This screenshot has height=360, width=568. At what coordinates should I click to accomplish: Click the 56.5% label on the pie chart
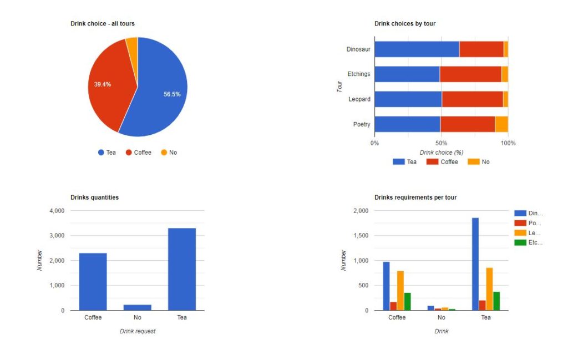(172, 94)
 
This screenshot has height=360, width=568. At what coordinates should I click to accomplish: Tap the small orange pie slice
(132, 44)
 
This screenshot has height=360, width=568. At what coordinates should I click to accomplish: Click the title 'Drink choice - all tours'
(102, 24)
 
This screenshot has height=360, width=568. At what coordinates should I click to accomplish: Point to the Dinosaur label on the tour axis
(358, 49)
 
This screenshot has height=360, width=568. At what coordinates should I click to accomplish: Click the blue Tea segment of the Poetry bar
(407, 124)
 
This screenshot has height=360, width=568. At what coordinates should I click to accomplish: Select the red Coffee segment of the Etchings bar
(470, 74)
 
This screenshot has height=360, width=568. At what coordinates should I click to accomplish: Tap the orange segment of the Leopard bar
(505, 99)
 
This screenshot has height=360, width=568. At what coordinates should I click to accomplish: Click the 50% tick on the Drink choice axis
(441, 143)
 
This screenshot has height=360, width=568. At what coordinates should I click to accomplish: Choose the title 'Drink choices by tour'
(404, 24)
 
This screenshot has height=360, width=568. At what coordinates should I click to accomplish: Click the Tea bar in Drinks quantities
(182, 269)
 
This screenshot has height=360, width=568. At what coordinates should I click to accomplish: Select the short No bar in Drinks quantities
(138, 307)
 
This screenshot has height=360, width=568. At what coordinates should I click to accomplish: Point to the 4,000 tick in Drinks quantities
(58, 211)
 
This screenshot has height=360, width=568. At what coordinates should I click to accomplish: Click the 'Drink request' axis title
(138, 331)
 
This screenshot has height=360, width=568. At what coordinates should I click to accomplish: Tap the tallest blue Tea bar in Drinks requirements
(475, 264)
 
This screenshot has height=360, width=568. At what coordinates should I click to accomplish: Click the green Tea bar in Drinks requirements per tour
(496, 301)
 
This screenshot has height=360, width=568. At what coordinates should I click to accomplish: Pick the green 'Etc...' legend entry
(529, 242)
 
